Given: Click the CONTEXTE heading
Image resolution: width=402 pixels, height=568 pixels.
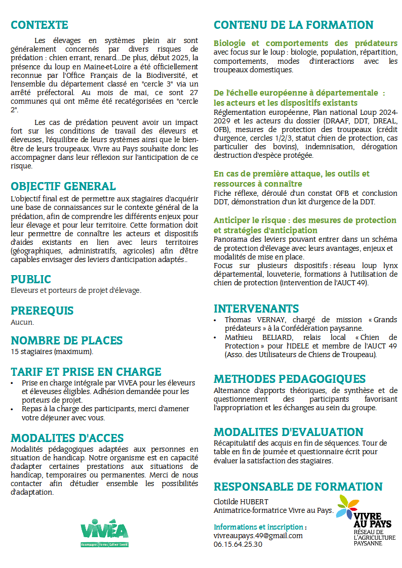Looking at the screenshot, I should [39, 25].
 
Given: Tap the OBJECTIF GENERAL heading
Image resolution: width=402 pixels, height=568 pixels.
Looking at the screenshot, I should [63, 186].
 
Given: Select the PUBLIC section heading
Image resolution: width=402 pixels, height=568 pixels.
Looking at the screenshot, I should [31, 279].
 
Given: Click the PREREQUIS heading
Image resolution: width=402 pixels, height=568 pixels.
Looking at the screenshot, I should [42, 311].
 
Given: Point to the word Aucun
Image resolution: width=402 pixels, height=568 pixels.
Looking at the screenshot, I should [22, 322].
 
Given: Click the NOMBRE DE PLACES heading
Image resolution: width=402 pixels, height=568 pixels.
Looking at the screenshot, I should [66, 340].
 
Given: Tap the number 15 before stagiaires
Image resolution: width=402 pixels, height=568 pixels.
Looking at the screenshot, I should [14, 352].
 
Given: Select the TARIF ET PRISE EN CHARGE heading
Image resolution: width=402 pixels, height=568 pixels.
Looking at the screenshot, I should [86, 372].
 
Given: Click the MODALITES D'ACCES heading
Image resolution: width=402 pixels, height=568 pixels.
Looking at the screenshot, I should [67, 438].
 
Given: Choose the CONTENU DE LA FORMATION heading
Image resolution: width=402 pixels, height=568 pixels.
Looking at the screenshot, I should [293, 25].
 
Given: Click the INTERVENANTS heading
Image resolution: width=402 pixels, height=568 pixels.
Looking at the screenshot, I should [256, 309].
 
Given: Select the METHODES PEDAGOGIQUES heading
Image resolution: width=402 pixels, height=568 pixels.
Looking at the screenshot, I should [290, 379].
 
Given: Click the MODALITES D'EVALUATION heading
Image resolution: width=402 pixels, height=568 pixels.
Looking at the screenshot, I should [288, 432].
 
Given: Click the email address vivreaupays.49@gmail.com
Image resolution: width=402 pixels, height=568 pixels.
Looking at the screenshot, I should [258, 535].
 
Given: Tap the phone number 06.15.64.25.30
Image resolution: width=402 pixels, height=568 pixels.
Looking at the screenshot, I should [238, 544].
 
